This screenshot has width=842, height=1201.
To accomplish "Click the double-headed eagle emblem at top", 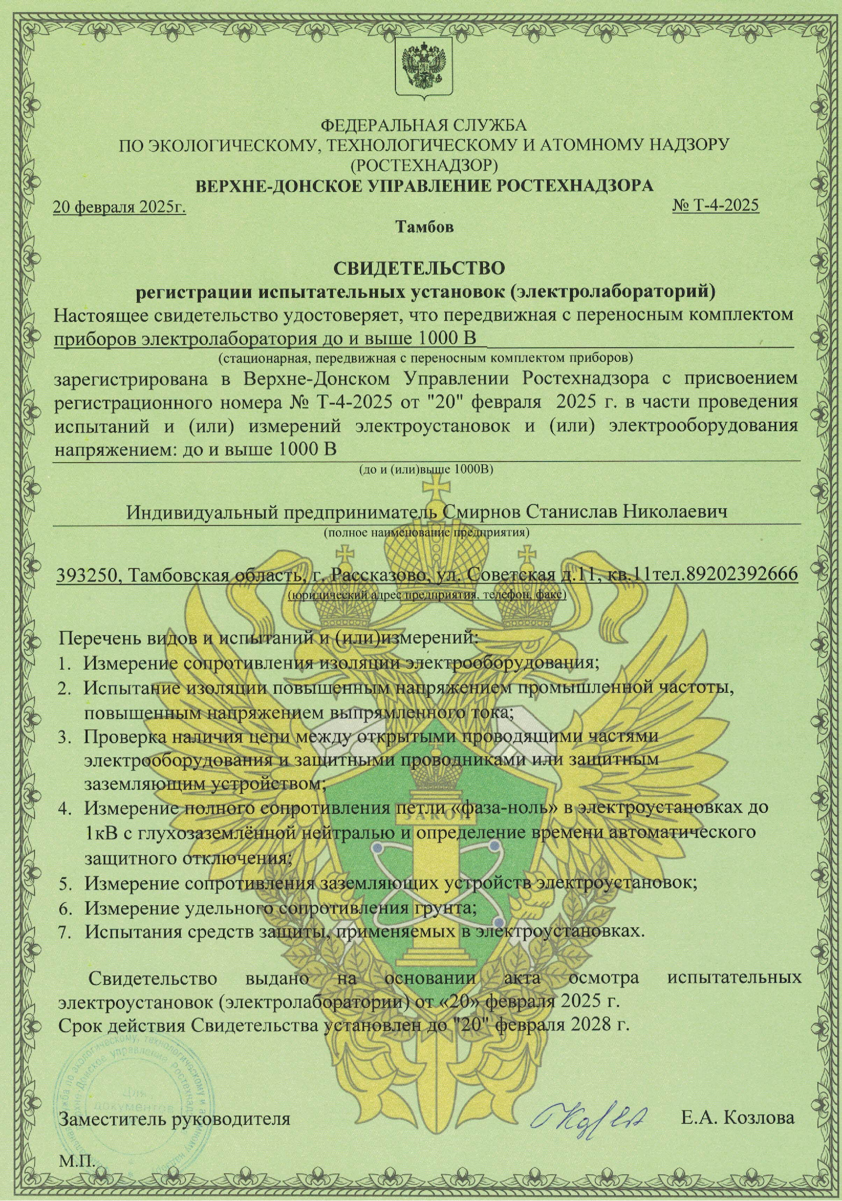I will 423,69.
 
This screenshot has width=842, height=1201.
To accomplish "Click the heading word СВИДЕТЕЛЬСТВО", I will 419,268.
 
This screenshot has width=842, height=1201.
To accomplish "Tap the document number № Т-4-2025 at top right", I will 715,205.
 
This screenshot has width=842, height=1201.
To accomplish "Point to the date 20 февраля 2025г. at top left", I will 120,207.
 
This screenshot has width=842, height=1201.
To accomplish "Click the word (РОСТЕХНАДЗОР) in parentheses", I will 424,165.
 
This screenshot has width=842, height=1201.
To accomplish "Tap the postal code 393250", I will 88,575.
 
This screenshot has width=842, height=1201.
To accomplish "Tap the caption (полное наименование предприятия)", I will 427,533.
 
